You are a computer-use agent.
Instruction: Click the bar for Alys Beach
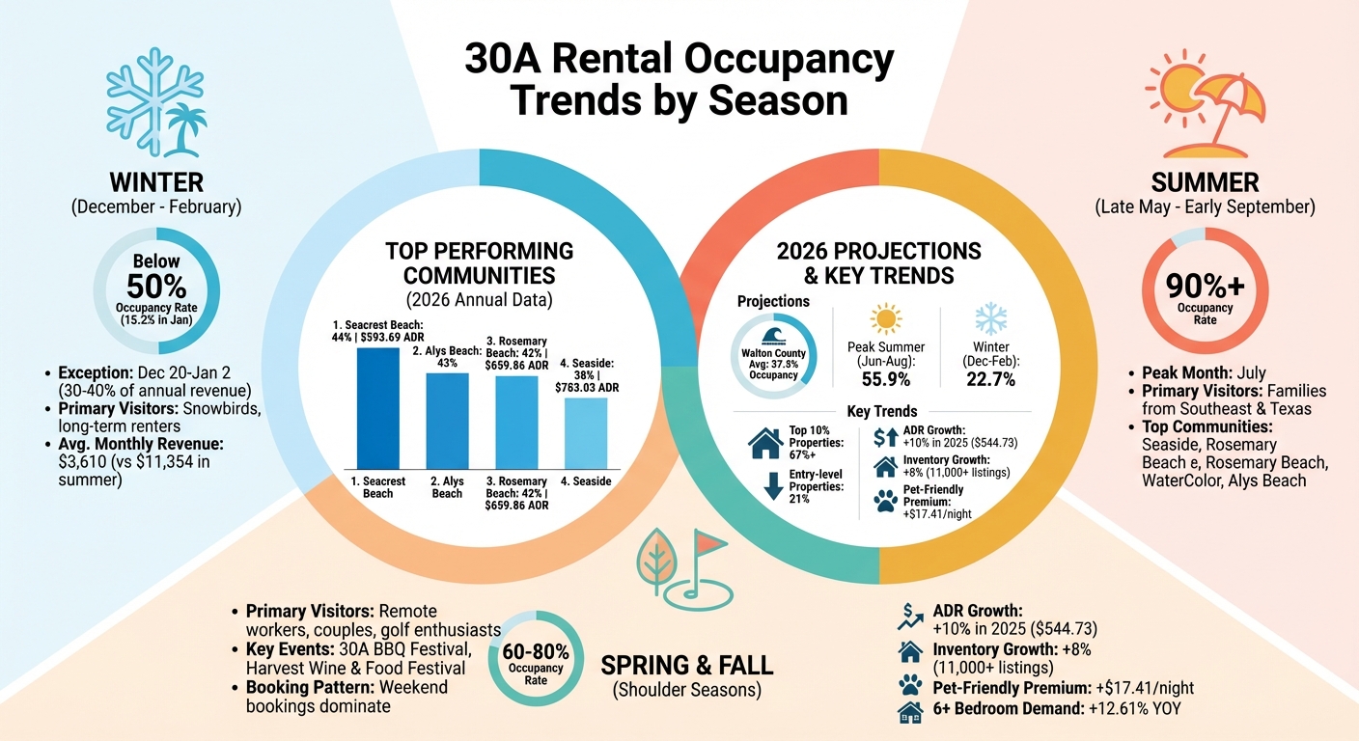447,420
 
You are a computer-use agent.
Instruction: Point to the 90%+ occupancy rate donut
1205,292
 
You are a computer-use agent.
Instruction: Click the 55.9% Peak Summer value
885,379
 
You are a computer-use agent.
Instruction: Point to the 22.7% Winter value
991,379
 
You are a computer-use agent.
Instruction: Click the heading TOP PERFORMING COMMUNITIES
480,262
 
